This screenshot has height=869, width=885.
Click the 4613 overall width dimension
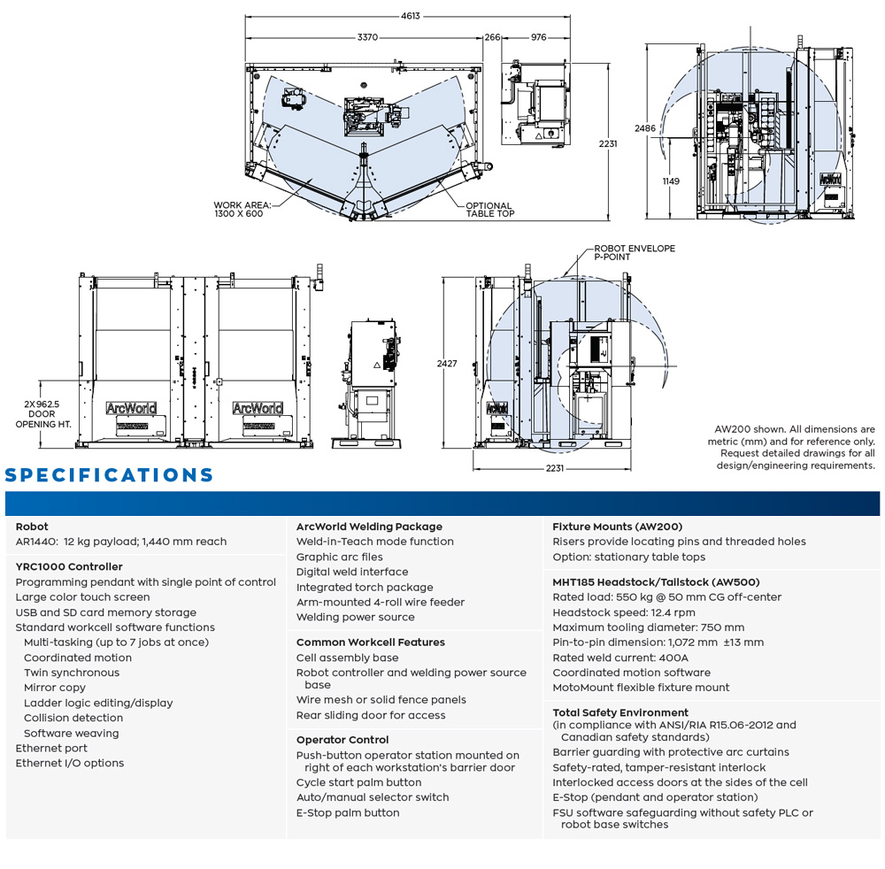(x=411, y=16)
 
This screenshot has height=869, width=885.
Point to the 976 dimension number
(x=539, y=37)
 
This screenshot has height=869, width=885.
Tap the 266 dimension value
(x=493, y=37)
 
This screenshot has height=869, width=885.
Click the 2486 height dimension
(x=645, y=128)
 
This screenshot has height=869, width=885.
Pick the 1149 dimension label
(x=670, y=181)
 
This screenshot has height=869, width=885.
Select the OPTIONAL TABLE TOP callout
(x=489, y=210)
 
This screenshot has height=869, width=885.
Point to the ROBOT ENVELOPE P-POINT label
(x=634, y=252)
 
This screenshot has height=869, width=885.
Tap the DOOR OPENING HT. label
(x=41, y=414)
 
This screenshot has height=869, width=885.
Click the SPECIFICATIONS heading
(x=110, y=475)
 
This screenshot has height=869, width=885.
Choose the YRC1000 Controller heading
(x=69, y=566)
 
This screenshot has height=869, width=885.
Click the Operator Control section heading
(x=342, y=740)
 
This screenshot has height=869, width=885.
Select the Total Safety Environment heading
(x=620, y=712)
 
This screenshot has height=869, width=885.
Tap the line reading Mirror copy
(x=55, y=688)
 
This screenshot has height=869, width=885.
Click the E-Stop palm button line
(x=348, y=812)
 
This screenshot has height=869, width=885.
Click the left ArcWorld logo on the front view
(x=131, y=408)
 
